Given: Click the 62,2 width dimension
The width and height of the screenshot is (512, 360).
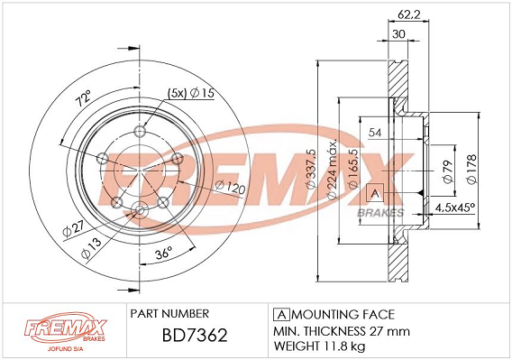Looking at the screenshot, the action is [x=409, y=14].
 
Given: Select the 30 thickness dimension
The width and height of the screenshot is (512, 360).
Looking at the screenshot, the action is [x=398, y=34].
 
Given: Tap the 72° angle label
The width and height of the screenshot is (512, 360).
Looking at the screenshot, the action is [x=83, y=98].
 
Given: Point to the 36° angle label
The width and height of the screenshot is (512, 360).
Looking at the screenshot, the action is [x=163, y=253].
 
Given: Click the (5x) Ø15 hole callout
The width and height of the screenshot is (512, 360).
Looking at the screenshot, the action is [x=191, y=94].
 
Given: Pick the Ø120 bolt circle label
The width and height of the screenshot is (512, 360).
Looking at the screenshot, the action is [x=230, y=188].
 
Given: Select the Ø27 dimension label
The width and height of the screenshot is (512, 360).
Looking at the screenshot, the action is [x=74, y=229].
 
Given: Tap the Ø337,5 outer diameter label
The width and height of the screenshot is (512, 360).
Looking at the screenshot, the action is [x=311, y=169].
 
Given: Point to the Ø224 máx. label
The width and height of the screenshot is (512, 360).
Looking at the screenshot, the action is [x=331, y=170].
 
